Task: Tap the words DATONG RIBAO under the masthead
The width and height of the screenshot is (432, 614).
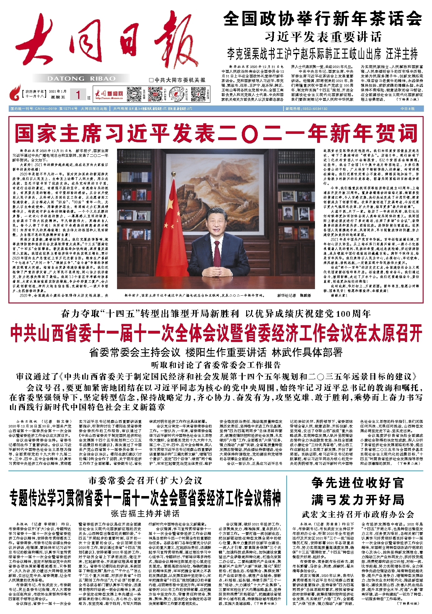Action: pyautogui.click(x=82, y=79)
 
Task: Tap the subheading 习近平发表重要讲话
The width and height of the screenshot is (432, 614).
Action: pyautogui.click(x=323, y=37)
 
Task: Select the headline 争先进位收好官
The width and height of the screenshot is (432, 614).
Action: pyautogui.click(x=358, y=483)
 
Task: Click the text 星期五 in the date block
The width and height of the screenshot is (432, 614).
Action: pyautogui.click(x=57, y=97)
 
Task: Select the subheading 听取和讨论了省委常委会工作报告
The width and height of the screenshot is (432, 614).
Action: pyautogui.click(x=216, y=365)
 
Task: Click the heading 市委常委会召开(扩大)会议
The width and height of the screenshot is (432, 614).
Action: pyautogui.click(x=145, y=481)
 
